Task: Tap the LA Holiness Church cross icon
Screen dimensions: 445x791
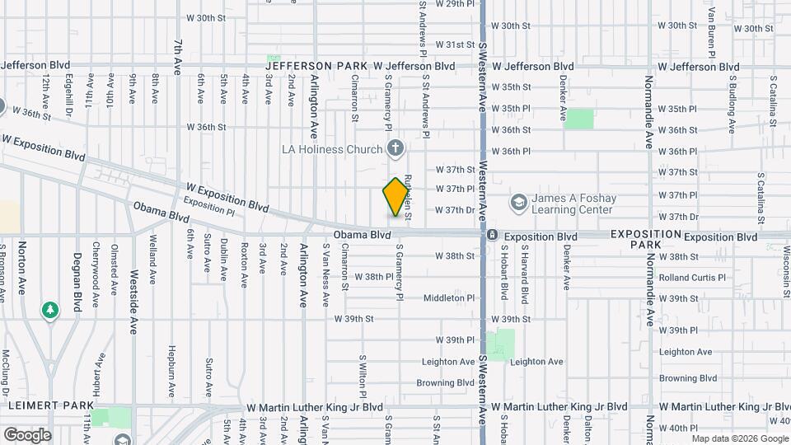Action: (396, 149)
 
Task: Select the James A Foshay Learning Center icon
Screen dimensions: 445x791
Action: (518, 202)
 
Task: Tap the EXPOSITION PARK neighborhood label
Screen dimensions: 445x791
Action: (646, 240)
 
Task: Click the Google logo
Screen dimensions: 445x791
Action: (27, 434)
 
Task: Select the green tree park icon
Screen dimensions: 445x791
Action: (51, 311)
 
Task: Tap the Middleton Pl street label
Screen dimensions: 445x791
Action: (449, 298)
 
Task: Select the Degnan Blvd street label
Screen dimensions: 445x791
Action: (77, 280)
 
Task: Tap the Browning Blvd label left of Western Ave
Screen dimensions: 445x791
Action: (445, 383)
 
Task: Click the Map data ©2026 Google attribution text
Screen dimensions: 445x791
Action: (736, 438)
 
